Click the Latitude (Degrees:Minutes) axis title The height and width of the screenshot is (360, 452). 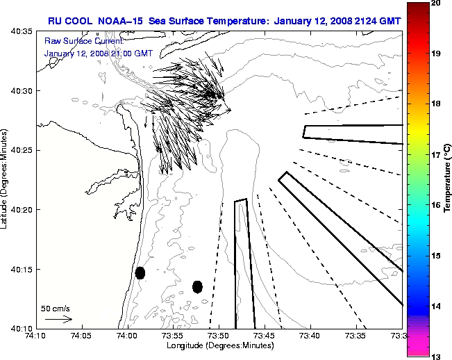pyautogui.click(x=6, y=179)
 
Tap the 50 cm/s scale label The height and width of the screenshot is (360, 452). pyautogui.click(x=56, y=308)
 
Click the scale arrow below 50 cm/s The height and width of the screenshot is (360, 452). pyautogui.click(x=58, y=319)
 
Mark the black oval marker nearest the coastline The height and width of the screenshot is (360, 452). pyautogui.click(x=140, y=272)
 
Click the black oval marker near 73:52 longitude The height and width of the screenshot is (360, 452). pyautogui.click(x=197, y=286)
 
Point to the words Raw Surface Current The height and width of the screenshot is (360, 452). pyautogui.click(x=74, y=41)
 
